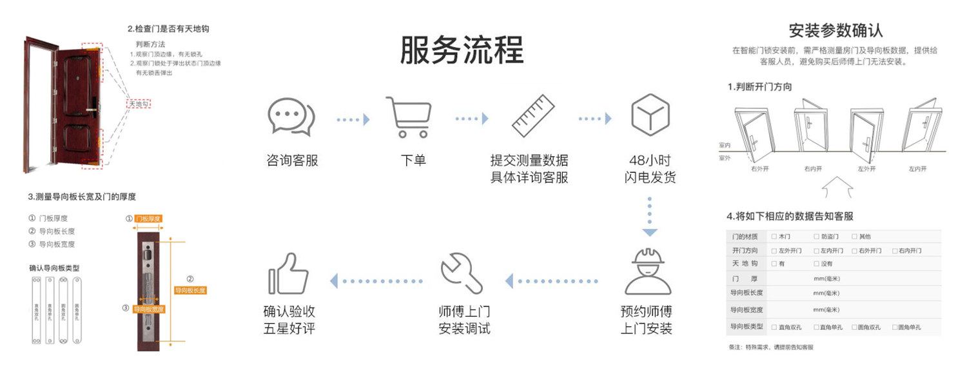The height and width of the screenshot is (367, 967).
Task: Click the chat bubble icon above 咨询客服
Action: click(291, 117)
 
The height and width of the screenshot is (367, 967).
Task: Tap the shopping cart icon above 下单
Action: click(407, 117)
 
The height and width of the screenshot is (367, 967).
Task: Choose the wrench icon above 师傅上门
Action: click(462, 272)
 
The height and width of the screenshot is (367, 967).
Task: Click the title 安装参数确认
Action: click(835, 30)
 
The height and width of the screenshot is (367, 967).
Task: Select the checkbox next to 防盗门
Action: click(817, 237)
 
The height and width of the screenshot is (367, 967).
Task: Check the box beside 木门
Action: click(774, 237)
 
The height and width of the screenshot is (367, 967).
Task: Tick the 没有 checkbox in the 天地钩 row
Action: click(817, 264)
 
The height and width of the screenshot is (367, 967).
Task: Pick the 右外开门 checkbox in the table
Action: click(854, 250)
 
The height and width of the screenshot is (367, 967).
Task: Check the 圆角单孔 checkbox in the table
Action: click(895, 327)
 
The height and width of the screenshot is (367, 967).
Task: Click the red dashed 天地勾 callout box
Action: click(138, 104)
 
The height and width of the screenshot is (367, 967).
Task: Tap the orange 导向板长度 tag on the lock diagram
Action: click(190, 290)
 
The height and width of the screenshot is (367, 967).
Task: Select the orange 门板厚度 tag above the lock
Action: click(148, 219)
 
